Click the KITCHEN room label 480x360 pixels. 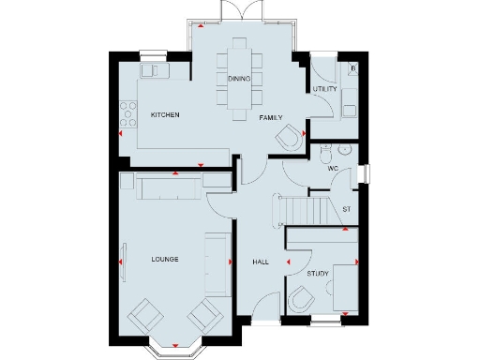(165, 114)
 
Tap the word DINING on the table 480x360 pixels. (239, 79)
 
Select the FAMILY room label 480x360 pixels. (272, 118)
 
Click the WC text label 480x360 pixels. (333, 168)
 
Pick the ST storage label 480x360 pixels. (346, 208)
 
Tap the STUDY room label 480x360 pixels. (318, 274)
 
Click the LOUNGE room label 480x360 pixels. (165, 258)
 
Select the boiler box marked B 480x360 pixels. (352, 67)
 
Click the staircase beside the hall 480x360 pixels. (300, 208)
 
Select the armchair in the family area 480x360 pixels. (290, 138)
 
